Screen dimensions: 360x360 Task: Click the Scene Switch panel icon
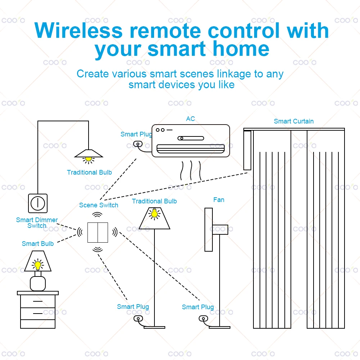pos(98,232)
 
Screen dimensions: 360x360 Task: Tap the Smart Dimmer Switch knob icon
pos(37,203)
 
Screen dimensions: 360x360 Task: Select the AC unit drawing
pos(190,141)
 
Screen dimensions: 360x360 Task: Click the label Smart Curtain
pos(293,121)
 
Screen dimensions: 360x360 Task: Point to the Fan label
pos(219,200)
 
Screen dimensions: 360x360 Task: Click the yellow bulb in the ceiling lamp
pos(88,158)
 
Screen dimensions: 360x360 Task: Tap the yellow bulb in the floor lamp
pos(154,214)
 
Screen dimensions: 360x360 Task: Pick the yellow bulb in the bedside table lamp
pos(37,266)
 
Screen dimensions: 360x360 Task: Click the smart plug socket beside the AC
pos(137,144)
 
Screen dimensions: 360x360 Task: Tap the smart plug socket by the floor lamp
pos(137,319)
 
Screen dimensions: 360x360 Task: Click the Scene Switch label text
pos(99,205)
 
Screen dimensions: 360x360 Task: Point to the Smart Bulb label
pos(37,244)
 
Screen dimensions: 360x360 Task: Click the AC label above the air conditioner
pos(190,119)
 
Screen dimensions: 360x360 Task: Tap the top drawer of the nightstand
pos(38,301)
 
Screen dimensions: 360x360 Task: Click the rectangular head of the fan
pos(208,229)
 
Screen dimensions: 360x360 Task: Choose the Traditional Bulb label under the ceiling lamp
pos(89,172)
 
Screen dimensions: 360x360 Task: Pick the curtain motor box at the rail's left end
pos(247,150)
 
